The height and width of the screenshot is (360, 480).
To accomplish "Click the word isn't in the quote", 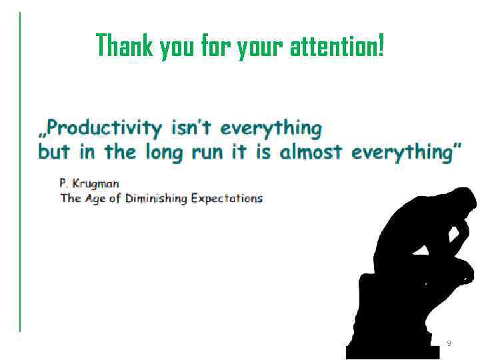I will pos(193,127).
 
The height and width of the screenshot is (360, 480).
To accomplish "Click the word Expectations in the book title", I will pos(227,199).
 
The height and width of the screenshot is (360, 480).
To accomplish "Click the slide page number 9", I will pos(449,343).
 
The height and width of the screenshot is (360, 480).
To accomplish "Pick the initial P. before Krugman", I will pos(64,183).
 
